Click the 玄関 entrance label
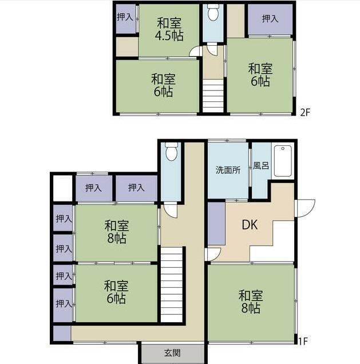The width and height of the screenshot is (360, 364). [x=172, y=353]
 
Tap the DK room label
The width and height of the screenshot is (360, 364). [x=250, y=225]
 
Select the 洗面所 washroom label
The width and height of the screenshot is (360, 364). [x=228, y=170]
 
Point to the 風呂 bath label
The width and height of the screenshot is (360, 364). [x=261, y=166]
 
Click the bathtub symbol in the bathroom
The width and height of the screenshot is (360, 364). [x=283, y=161]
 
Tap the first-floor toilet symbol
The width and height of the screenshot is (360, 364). [x=172, y=151]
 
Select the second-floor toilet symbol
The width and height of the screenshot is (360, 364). [x=213, y=13]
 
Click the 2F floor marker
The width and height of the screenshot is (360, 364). [x=305, y=112]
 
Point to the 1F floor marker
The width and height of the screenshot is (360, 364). [x=303, y=341]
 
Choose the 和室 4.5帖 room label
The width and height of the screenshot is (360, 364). [x=169, y=30]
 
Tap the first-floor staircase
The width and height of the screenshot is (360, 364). [x=172, y=284]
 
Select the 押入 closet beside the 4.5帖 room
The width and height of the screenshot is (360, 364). [x=125, y=18]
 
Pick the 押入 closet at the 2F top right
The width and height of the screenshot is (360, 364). [x=270, y=19]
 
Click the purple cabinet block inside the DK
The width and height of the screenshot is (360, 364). [x=216, y=224]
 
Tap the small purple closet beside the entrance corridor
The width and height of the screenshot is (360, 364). [x=62, y=334]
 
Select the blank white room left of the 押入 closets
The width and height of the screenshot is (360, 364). [x=62, y=188]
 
